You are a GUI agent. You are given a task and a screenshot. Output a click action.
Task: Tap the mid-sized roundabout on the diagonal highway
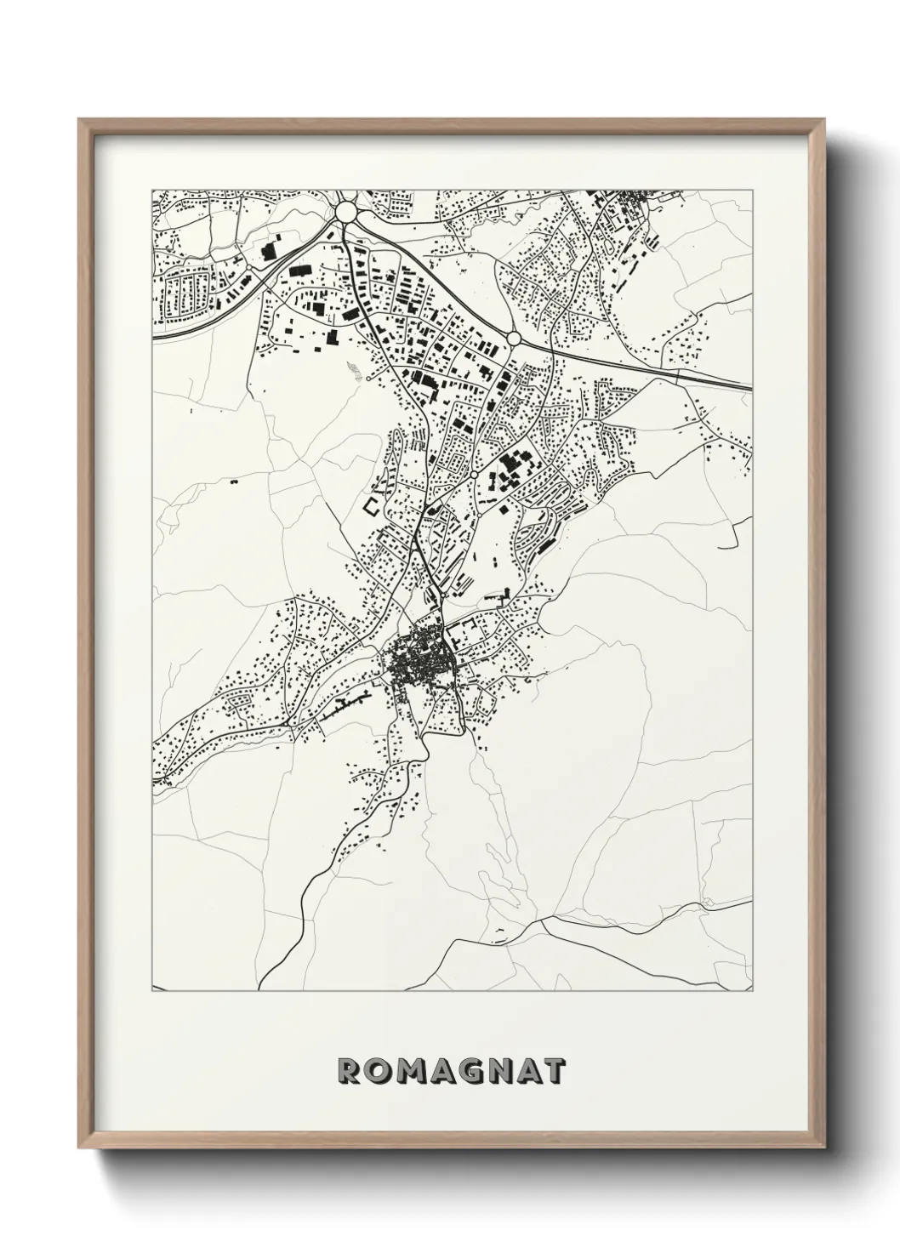(x=514, y=339)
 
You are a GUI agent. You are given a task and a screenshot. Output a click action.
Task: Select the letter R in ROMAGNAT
(x=350, y=1071)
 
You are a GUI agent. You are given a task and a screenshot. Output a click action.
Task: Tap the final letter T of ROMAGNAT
(x=553, y=1071)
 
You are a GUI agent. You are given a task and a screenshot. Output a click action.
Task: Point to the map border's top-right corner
(x=753, y=190)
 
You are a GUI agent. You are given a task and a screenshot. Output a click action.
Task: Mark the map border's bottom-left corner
(x=152, y=991)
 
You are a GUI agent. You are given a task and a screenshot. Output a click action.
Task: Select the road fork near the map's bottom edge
(x=544, y=920)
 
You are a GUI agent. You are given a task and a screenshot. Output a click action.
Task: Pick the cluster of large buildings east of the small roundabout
(x=510, y=469)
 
